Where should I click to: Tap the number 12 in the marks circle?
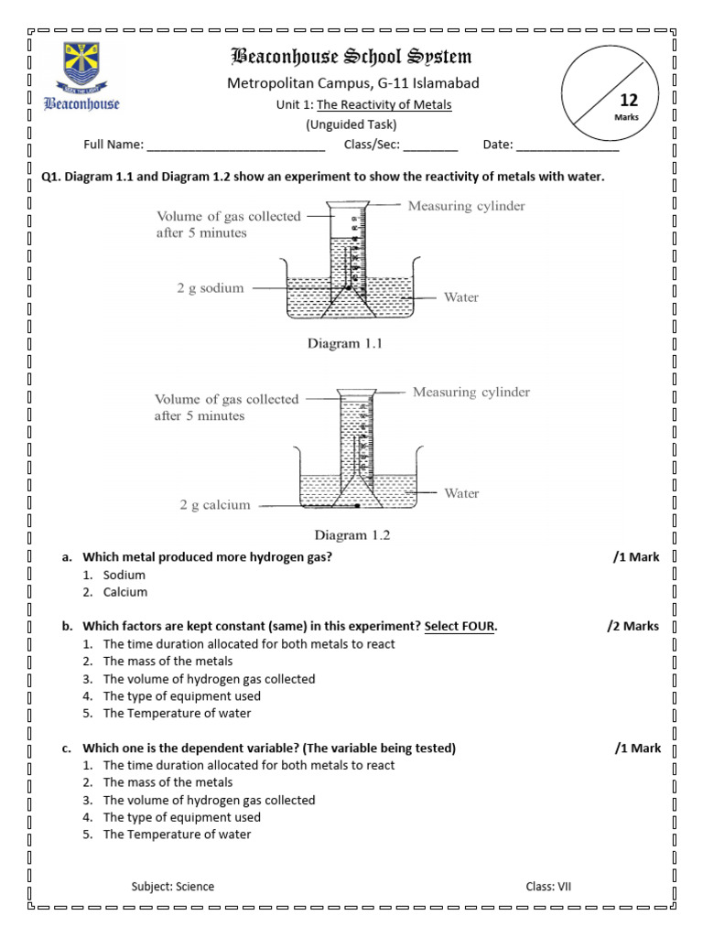[x=628, y=100]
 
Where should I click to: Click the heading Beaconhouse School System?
[x=352, y=57]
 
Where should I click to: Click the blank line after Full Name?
[x=235, y=145]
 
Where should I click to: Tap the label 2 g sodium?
[x=210, y=288]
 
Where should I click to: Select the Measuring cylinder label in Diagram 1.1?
[x=466, y=206]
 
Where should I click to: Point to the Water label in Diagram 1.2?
[x=461, y=493]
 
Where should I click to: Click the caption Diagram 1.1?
[x=343, y=344]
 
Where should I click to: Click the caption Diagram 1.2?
[x=352, y=535]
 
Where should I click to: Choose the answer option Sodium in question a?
[x=124, y=575]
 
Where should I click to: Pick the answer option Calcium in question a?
[x=124, y=592]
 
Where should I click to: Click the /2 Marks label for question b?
[x=632, y=626]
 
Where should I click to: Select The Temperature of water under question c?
[x=177, y=834]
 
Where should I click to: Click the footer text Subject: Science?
[x=173, y=886]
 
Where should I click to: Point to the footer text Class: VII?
[x=549, y=886]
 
